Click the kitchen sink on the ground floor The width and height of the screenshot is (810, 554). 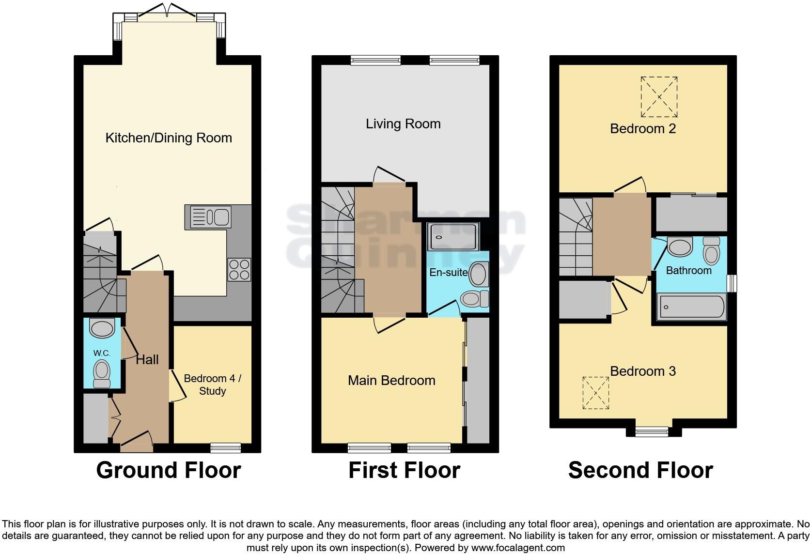[209, 216]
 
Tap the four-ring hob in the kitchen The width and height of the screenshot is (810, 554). [239, 270]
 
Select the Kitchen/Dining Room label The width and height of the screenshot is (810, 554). [169, 138]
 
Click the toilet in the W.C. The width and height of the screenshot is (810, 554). [102, 373]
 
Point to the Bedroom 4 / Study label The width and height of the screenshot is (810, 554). [212, 385]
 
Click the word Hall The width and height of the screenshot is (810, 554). [147, 360]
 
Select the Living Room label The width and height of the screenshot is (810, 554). [403, 124]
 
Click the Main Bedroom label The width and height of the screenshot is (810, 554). [391, 381]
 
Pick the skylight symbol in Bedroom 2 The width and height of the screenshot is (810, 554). [659, 97]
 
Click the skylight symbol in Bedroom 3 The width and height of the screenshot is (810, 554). [595, 393]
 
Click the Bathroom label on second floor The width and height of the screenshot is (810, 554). [688, 271]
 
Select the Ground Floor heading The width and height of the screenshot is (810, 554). [168, 470]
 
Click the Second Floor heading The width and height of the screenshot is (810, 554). [640, 470]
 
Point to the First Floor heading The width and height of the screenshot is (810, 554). [404, 470]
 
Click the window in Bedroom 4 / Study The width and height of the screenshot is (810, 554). [226, 447]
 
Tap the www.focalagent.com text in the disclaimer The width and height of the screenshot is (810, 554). [517, 548]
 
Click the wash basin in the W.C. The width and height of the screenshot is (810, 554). [102, 329]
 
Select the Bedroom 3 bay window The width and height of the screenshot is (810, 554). [652, 431]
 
